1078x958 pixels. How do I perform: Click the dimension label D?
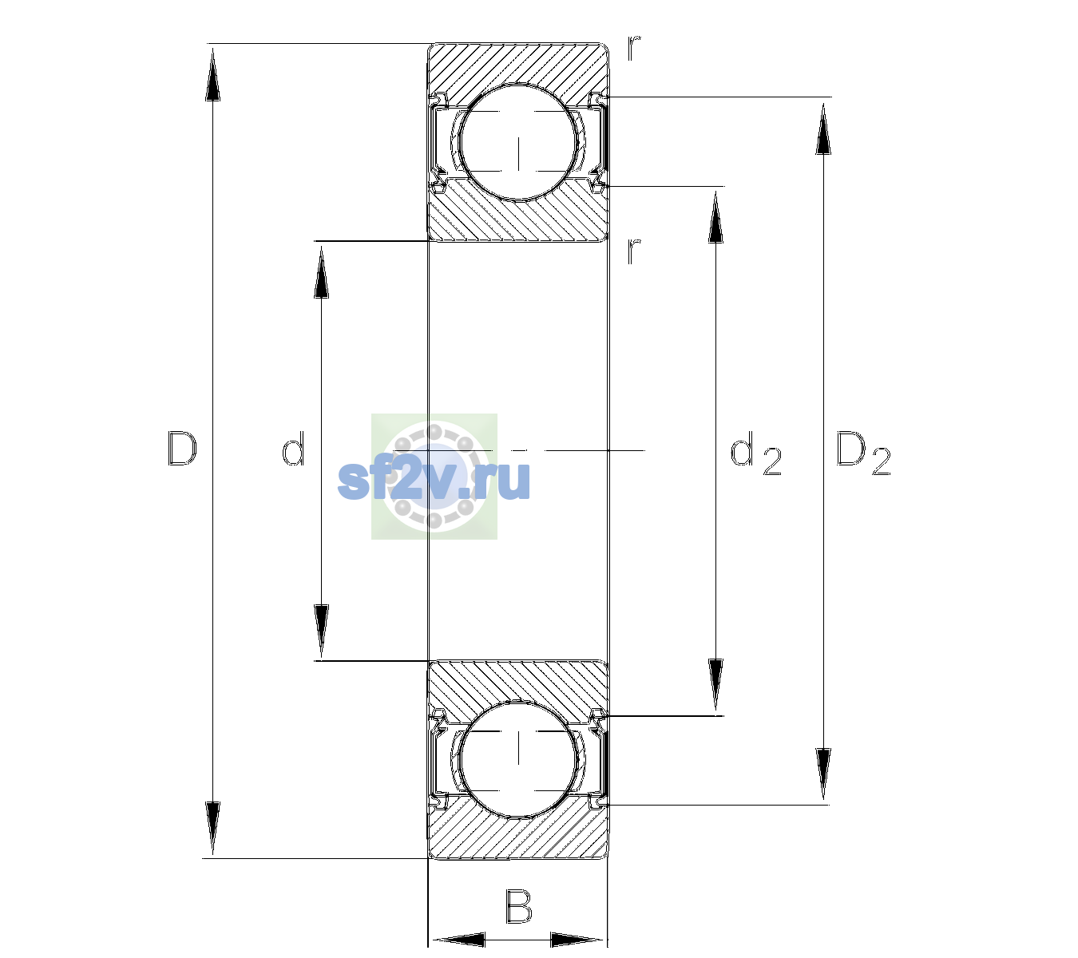click(182, 449)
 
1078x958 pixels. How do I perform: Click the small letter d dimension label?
click(293, 449)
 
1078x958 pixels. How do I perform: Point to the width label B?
click(518, 907)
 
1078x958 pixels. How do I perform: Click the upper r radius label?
click(634, 48)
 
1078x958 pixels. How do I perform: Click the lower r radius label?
click(634, 251)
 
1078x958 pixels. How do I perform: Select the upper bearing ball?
click(518, 143)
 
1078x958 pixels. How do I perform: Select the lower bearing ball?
click(518, 758)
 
